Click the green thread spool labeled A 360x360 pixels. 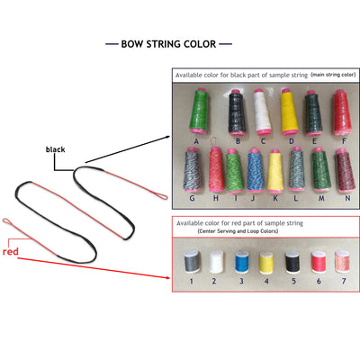(199, 112)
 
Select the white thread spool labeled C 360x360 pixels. (263, 112)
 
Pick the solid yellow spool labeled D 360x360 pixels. (289, 112)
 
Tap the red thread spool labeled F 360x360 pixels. (343, 112)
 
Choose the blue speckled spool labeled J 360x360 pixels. (256, 170)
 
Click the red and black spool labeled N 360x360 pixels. (345, 170)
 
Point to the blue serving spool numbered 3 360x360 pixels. (241, 262)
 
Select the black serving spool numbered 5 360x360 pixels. (292, 262)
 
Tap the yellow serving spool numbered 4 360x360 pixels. (266, 263)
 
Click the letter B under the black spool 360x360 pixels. (238, 140)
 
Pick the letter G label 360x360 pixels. (192, 198)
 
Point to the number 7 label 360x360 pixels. (344, 281)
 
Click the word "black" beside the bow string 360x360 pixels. (55, 149)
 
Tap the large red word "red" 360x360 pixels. (11, 251)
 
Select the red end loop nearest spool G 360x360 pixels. (161, 196)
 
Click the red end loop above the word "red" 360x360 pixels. (8, 222)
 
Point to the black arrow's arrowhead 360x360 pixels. (167, 137)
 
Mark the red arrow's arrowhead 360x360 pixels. (167, 277)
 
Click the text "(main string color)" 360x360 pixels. (333, 75)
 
